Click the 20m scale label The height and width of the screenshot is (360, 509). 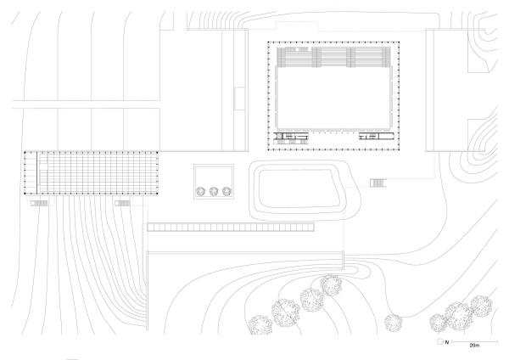pos(474,346)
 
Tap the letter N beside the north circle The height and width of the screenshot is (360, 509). pos(447,342)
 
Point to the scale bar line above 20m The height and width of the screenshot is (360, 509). pos(474,341)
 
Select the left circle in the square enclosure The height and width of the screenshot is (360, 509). pos(200,191)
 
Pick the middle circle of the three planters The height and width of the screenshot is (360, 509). pos(214,191)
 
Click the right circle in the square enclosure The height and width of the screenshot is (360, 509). pos(227,191)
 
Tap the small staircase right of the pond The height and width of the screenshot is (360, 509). pos(378,183)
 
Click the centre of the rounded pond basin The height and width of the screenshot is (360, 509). pos(299,188)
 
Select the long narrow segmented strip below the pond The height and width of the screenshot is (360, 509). pos(231,227)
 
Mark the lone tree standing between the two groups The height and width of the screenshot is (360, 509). pos(394,323)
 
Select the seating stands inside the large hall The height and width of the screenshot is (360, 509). pos(333,57)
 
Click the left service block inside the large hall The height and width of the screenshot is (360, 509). pos(290,138)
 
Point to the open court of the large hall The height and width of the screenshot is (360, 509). pos(333,98)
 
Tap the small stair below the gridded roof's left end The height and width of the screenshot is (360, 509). pos(39,204)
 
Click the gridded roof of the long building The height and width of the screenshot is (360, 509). pos(98,173)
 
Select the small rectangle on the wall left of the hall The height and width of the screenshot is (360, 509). pos(239,98)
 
